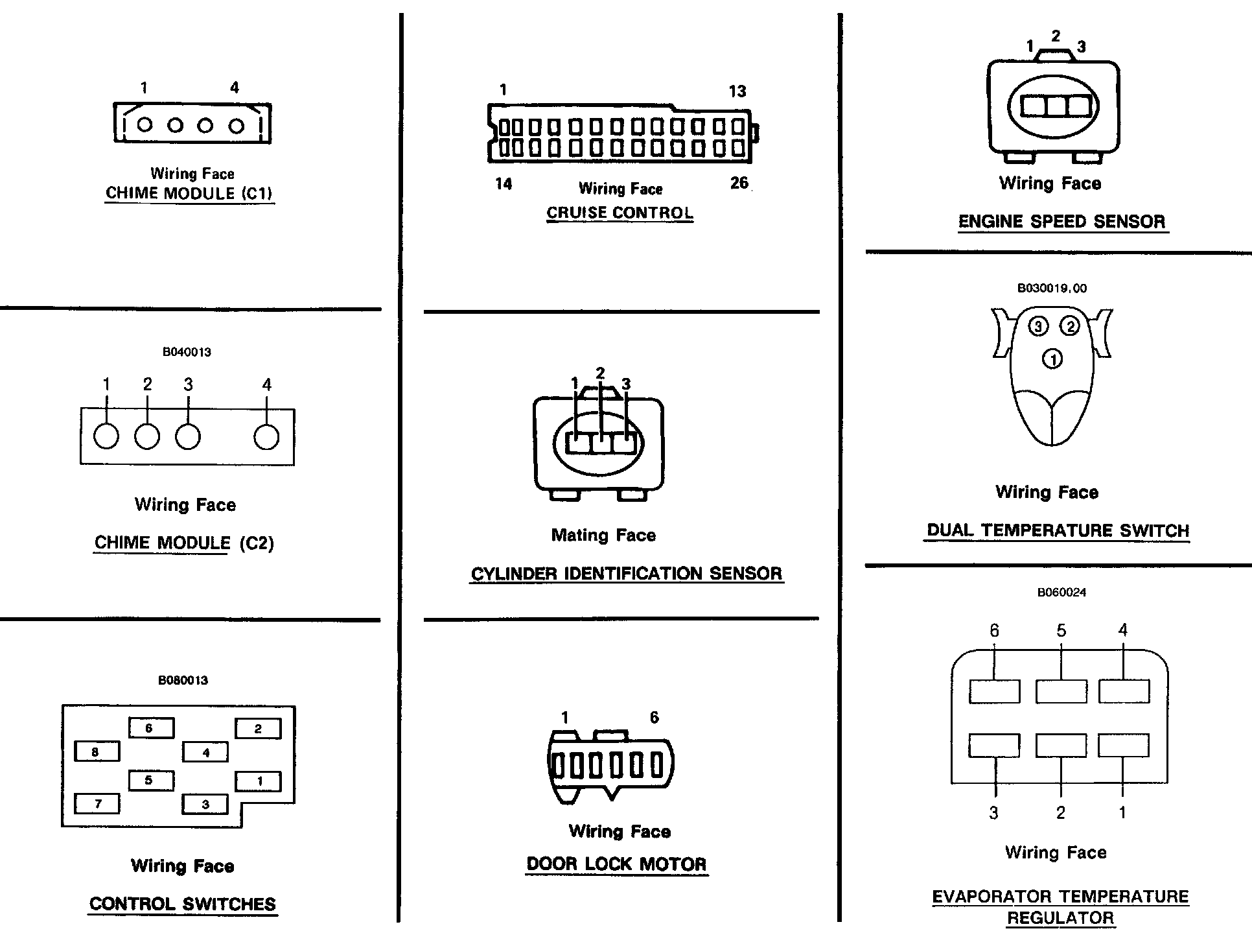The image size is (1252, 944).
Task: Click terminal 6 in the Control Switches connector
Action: (x=151, y=728)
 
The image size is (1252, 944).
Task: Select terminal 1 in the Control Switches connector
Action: (x=258, y=781)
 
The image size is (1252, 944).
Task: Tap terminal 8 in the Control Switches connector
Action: (x=97, y=752)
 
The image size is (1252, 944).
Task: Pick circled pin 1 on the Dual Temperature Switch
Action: (x=1052, y=359)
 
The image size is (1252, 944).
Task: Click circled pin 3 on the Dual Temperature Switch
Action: (x=1038, y=326)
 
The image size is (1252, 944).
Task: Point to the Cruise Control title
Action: (x=620, y=213)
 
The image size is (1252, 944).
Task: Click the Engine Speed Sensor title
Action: (x=1061, y=222)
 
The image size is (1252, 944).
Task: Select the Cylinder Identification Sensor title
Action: (x=627, y=574)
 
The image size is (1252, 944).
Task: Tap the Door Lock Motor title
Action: (x=616, y=864)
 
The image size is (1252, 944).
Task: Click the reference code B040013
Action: (x=187, y=352)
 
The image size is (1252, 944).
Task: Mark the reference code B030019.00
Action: (x=1052, y=288)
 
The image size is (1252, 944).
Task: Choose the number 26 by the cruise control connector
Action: (x=739, y=183)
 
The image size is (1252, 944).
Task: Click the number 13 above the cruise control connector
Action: (x=737, y=91)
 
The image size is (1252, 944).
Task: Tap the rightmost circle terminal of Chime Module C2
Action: (x=266, y=437)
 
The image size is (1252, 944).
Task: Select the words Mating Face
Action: (x=603, y=536)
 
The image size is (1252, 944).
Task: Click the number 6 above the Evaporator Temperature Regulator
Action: (x=994, y=630)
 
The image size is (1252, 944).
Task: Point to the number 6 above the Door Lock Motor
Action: (x=654, y=717)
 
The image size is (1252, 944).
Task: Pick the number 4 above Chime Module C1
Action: (x=235, y=88)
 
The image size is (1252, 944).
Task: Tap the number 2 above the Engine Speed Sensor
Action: (x=1056, y=36)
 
